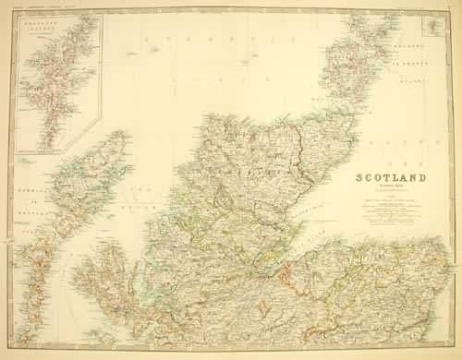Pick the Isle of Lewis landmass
(97, 171)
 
